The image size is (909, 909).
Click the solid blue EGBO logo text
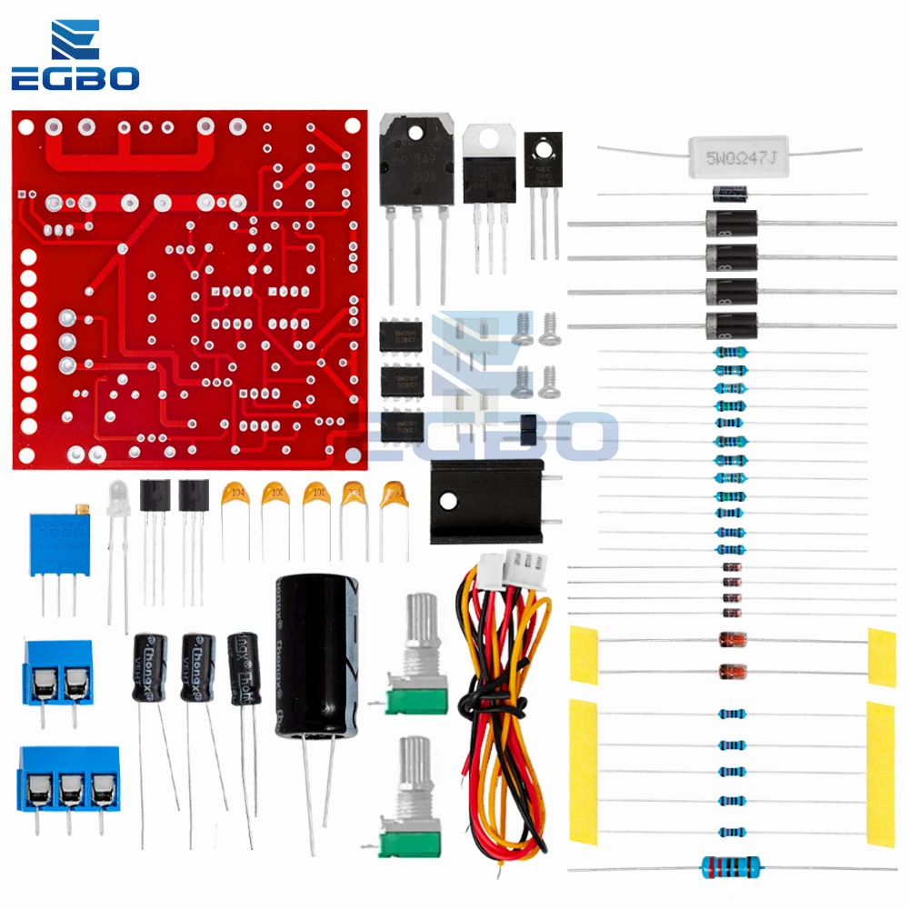[75, 78]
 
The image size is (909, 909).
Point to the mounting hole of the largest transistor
[415, 135]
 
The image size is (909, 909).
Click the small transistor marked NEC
[544, 162]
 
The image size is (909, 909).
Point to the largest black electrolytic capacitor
[311, 654]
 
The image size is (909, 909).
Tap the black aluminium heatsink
[485, 500]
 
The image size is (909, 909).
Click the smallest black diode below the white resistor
[729, 193]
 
